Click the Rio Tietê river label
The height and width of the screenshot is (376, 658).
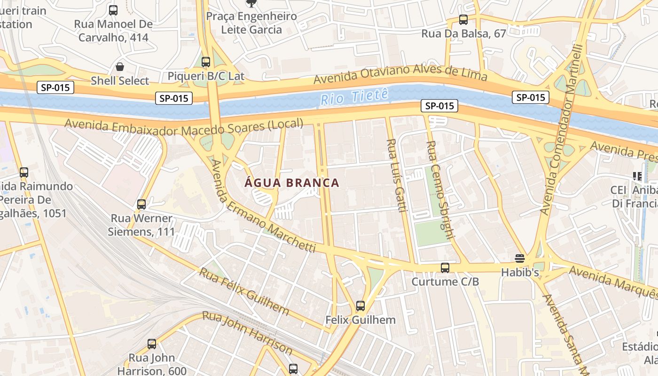coord(355,97)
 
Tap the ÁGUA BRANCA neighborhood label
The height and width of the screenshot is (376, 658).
coord(292,183)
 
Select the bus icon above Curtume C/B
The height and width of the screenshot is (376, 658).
coord(445,268)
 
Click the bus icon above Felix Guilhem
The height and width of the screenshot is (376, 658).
coord(360,306)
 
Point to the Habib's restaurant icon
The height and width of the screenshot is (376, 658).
coord(519,258)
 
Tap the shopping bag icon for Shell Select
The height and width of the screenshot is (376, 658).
coord(120,67)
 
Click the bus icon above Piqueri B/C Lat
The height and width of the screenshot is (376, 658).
coord(206,62)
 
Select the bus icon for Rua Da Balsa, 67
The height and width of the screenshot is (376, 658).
coord(463,20)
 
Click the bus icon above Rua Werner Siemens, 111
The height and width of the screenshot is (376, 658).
coord(141,204)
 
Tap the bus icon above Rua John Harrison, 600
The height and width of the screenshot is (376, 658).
coord(152,344)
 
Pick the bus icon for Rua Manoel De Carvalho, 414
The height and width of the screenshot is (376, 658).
coord(113,10)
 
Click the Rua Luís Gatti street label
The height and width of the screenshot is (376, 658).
coord(396,175)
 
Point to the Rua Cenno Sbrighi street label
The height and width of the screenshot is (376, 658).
coord(439,190)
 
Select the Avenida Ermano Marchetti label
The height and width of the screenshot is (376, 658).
coord(263,207)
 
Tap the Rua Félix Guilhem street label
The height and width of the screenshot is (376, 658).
coord(244,291)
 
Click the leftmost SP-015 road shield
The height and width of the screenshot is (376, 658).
coord(55,87)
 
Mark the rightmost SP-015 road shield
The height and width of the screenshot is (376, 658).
coord(531,97)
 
